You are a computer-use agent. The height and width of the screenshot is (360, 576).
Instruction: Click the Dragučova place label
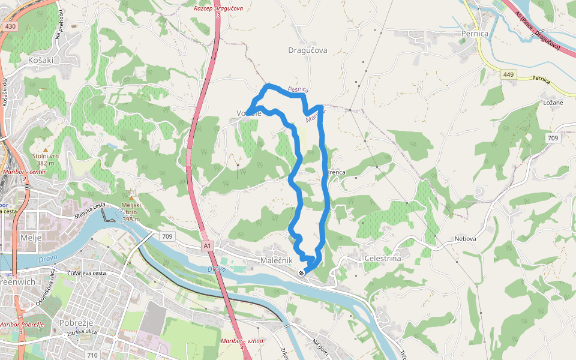pyautogui.click(x=308, y=50)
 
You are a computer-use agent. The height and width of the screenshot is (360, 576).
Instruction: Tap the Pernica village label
pyautogui.click(x=476, y=34)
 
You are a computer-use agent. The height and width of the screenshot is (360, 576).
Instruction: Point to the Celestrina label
pyautogui.click(x=383, y=258)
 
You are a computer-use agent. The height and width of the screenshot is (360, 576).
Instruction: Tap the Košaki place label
pyautogui.click(x=41, y=61)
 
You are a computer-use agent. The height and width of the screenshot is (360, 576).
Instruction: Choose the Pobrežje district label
pyautogui.click(x=75, y=322)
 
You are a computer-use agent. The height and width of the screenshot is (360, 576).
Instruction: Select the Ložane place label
pyautogui.click(x=553, y=102)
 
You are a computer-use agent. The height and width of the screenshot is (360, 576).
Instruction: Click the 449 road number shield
pyautogui.click(x=509, y=74)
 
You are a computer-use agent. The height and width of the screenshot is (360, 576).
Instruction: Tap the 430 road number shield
pyautogui.click(x=10, y=27)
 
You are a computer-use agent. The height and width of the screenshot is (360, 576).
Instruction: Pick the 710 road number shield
pyautogui.click(x=92, y=355)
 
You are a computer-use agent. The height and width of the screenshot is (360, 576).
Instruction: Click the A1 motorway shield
pyautogui.click(x=207, y=245)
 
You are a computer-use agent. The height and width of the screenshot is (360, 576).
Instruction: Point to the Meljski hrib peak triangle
pyautogui.click(x=131, y=197)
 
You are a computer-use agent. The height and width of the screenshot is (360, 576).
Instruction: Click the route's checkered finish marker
pyautogui.click(x=301, y=272)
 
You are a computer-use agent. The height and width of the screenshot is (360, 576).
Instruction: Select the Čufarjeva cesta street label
pyautogui.click(x=86, y=274)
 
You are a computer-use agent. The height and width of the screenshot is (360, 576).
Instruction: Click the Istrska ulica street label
pyautogui.click(x=82, y=332)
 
